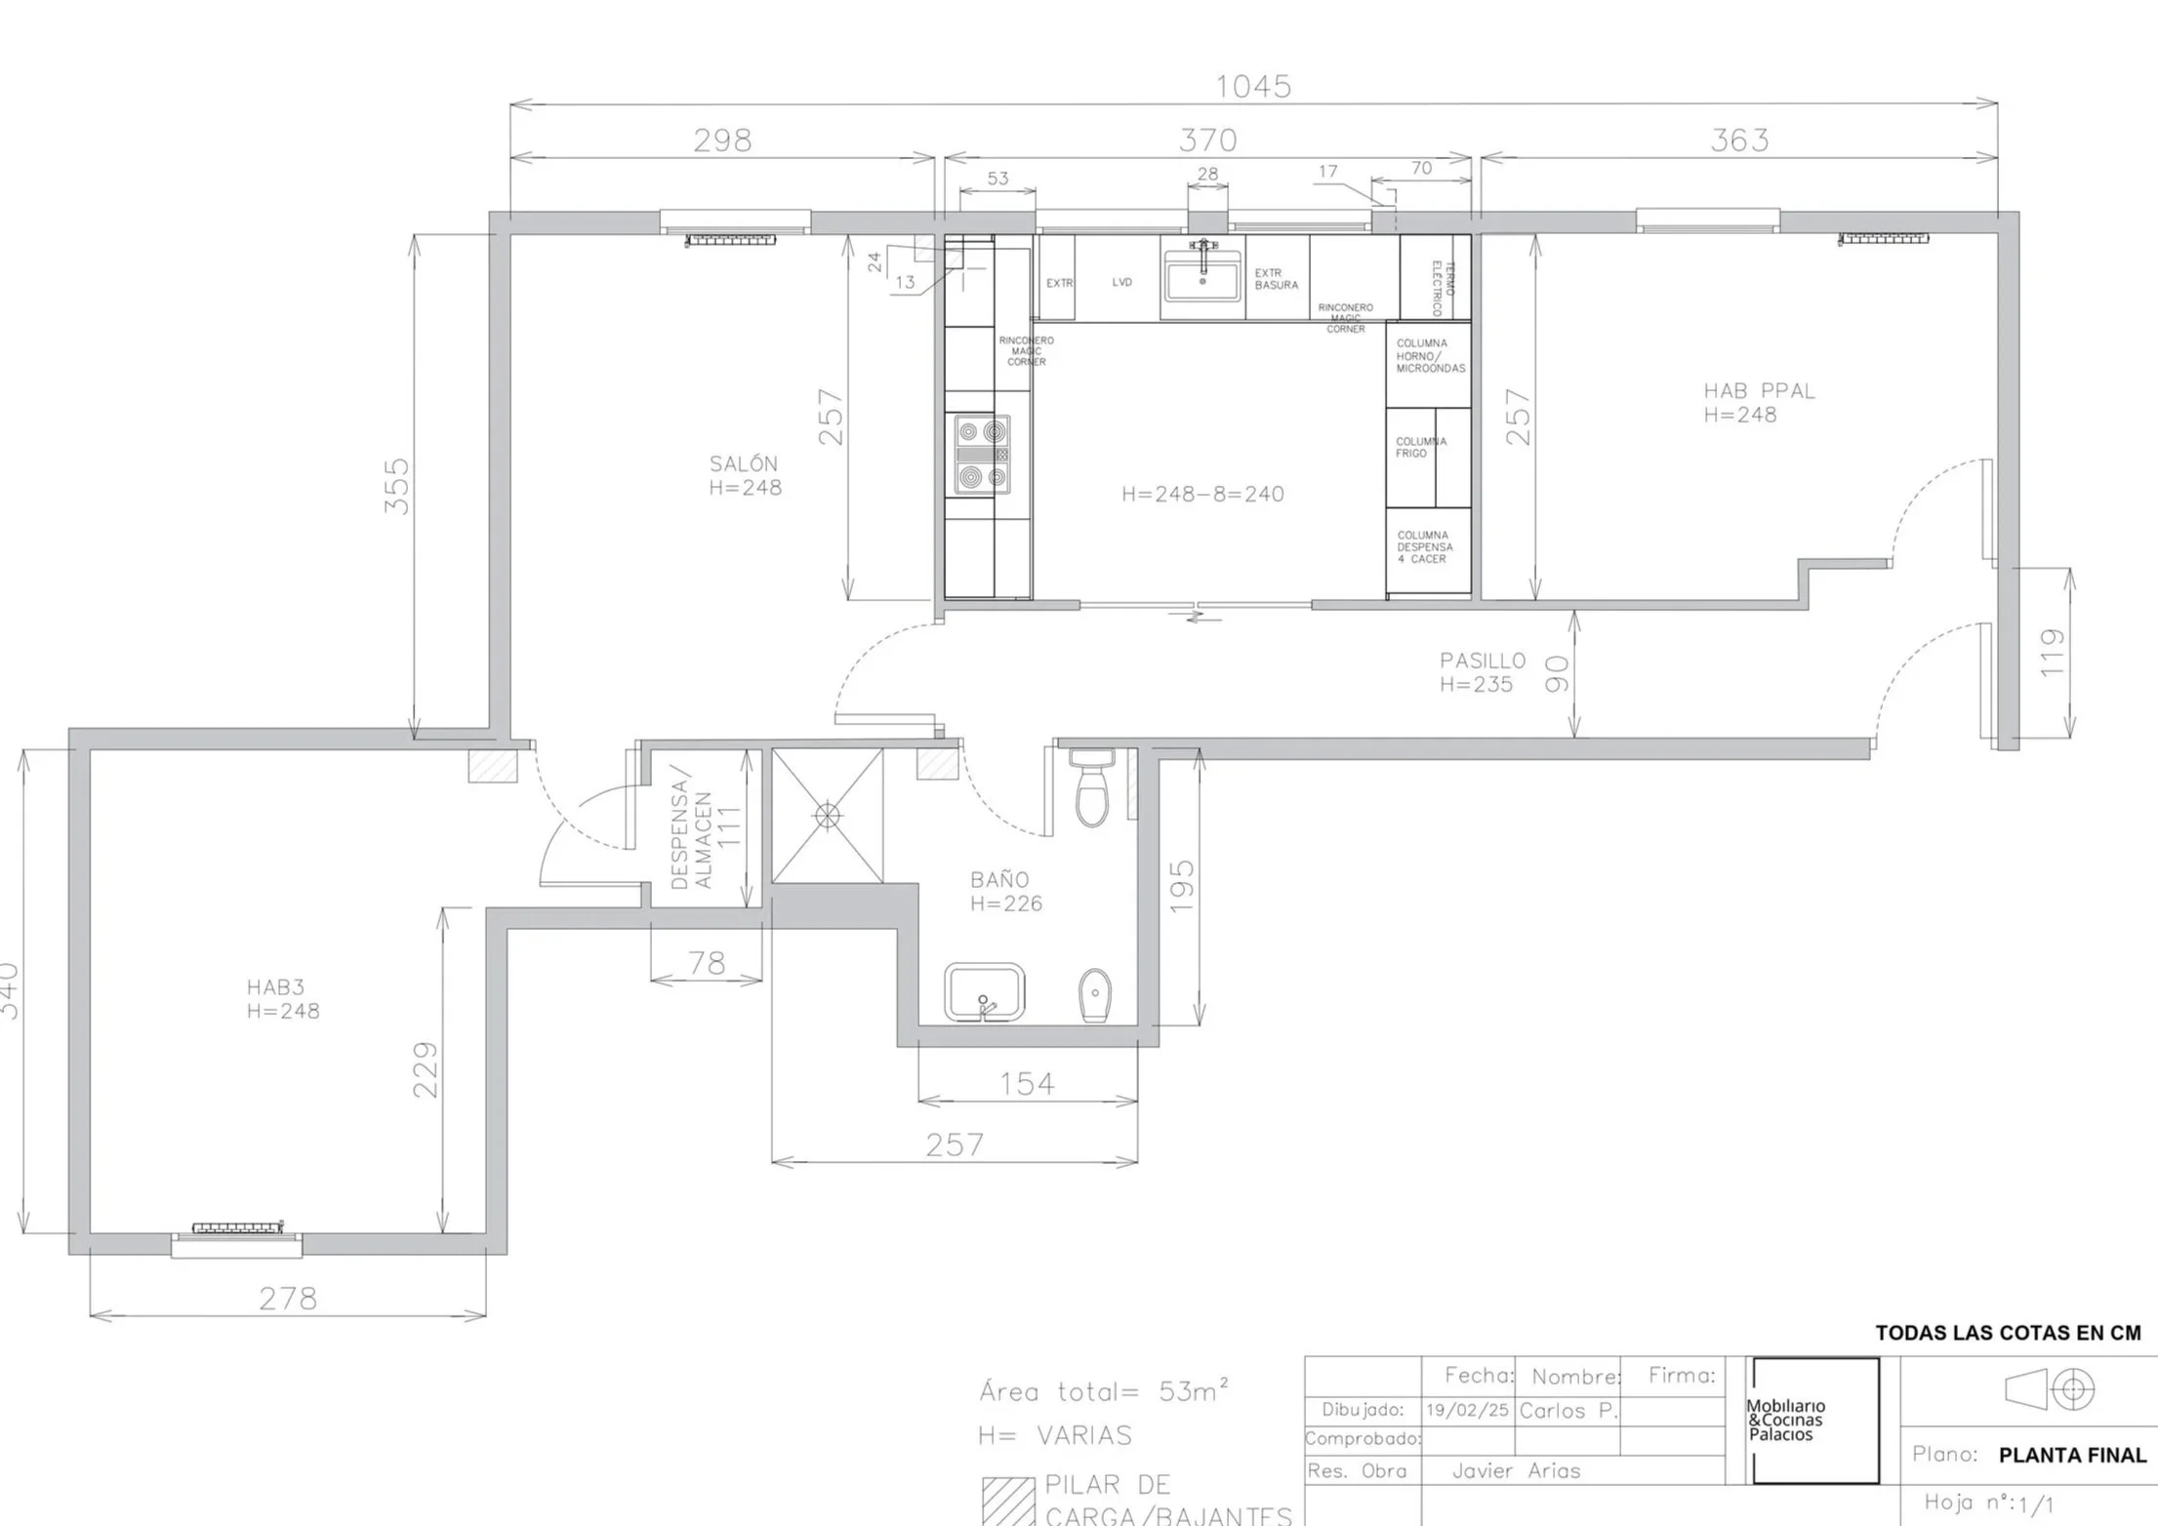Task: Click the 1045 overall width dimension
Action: point(1252,87)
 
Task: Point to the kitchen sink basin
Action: point(1201,276)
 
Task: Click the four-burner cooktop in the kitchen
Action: point(982,454)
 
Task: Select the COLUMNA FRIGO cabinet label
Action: point(1420,448)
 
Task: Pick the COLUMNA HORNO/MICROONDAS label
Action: point(1430,356)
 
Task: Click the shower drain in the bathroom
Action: point(827,816)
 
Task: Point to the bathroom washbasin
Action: point(984,992)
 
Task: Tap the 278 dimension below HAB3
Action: point(288,1299)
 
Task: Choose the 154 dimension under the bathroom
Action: point(1027,1084)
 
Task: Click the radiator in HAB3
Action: point(237,1227)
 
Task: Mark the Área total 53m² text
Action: point(1103,1391)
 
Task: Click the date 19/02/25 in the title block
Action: point(1466,1411)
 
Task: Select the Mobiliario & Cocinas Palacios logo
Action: point(1813,1421)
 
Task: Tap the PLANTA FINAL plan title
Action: point(2071,1456)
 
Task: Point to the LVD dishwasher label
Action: point(1121,283)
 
